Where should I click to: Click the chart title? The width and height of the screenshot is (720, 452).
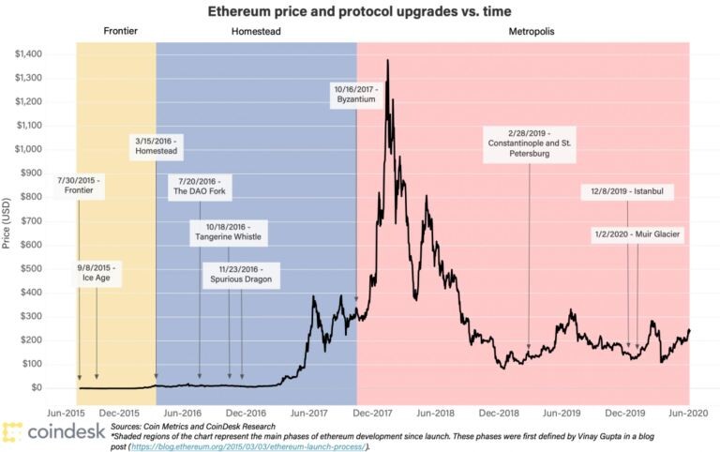(360, 11)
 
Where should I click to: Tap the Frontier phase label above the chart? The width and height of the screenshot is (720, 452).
(120, 31)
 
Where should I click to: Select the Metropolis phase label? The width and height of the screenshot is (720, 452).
(532, 32)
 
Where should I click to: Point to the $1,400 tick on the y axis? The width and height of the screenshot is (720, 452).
(28, 54)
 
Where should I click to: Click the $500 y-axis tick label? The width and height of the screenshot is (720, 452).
(31, 269)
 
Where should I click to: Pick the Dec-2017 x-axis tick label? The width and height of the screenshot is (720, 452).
(372, 414)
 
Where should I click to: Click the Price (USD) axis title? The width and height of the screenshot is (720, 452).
(6, 223)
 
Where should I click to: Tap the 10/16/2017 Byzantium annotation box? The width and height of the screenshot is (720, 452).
(356, 95)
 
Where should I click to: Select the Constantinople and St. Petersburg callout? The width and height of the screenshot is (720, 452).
(530, 143)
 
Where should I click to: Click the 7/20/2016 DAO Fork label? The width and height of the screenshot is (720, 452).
(200, 187)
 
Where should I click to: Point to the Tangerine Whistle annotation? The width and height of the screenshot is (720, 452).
(228, 233)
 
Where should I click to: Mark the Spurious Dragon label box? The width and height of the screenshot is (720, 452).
(241, 275)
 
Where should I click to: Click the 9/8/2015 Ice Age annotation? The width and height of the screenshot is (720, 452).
(97, 273)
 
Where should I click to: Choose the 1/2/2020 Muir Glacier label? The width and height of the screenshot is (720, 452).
(637, 234)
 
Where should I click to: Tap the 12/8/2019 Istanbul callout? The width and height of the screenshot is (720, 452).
(627, 191)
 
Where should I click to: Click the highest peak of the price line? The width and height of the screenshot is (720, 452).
(388, 60)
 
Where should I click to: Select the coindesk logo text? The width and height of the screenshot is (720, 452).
(67, 431)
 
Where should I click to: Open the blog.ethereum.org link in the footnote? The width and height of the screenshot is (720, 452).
(247, 446)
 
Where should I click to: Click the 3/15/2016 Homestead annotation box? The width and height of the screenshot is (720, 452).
(157, 146)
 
